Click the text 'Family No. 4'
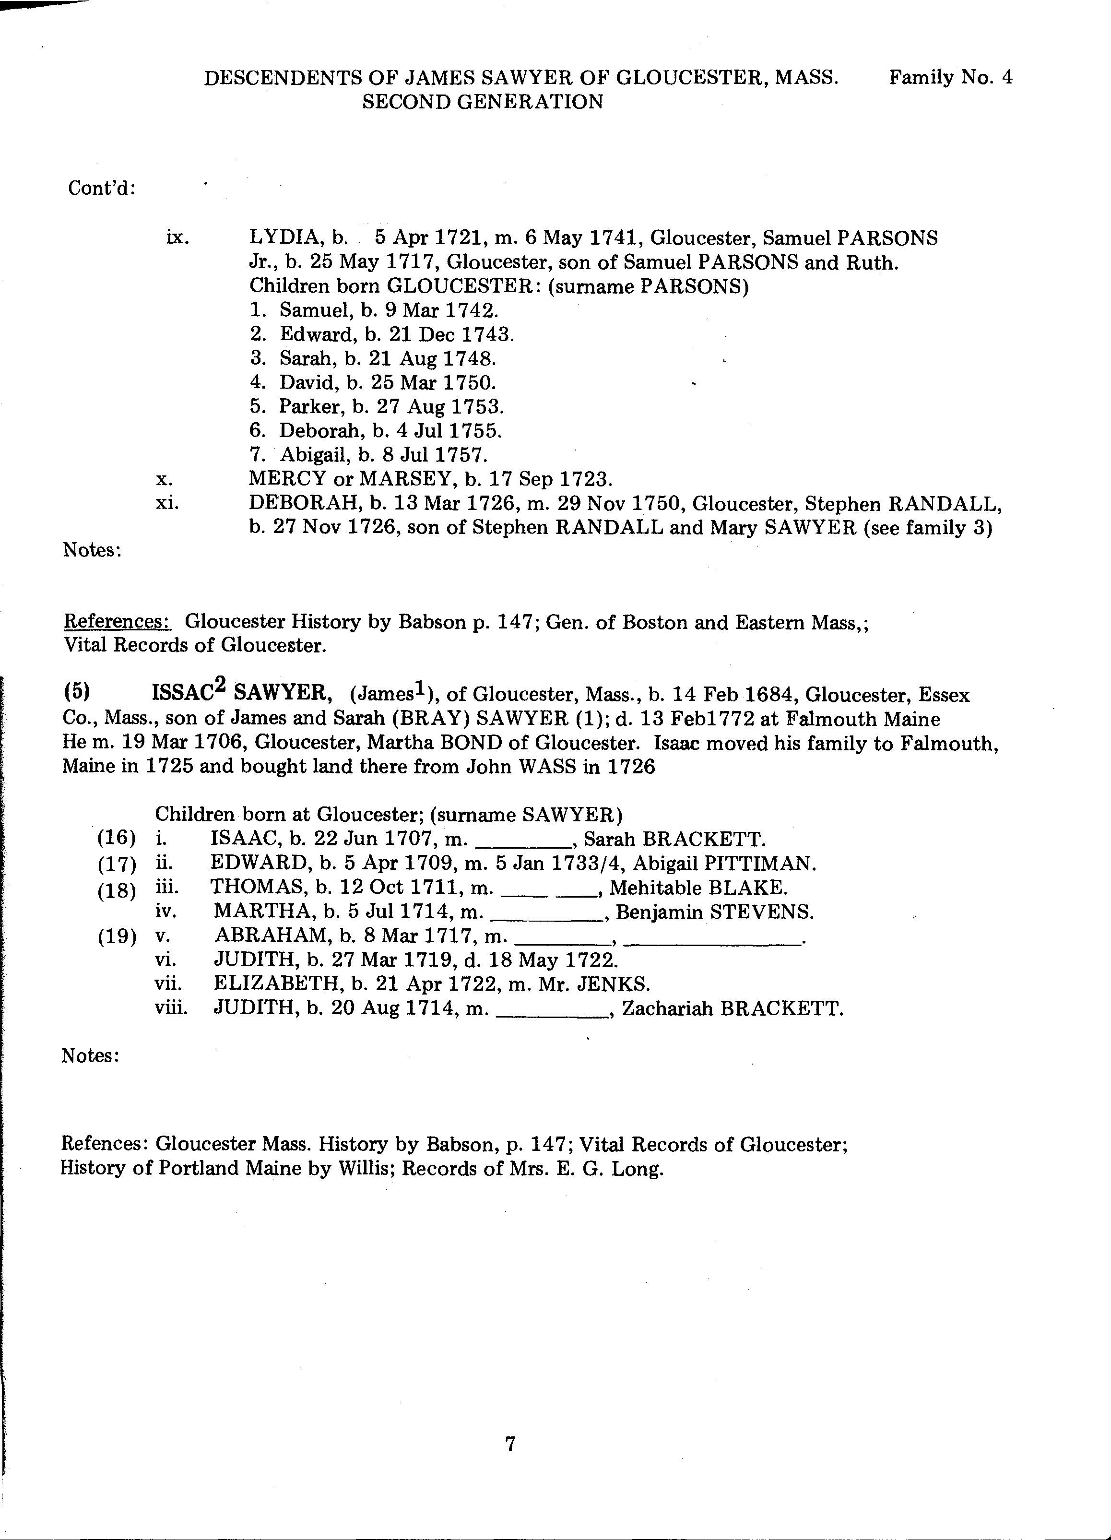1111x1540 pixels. pyautogui.click(x=951, y=77)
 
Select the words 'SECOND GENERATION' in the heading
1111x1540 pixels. pyautogui.click(x=483, y=102)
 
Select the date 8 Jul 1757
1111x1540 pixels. pyautogui.click(x=436, y=454)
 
